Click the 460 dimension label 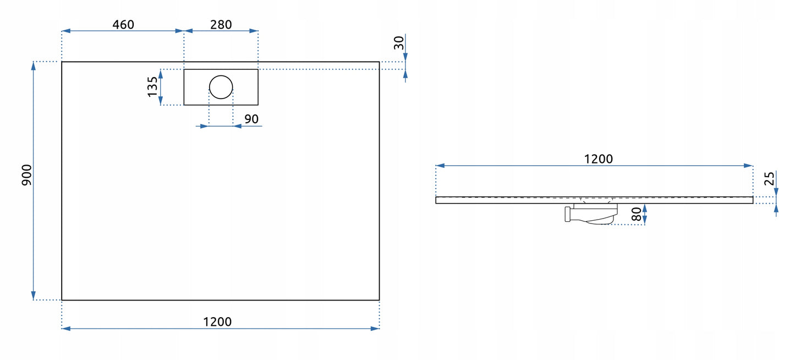123,25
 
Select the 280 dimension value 221,25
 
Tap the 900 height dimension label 26,174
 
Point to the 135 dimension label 152,86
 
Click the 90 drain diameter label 251,119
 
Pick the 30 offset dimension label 399,43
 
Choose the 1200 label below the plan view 217,321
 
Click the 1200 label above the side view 599,159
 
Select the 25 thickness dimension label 770,178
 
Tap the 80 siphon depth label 637,214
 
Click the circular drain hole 221,87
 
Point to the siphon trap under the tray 591,214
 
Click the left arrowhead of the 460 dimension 66,31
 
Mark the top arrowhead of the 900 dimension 34,66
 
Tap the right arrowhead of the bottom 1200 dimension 375,329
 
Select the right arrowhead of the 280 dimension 254,31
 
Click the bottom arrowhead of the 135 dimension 161,101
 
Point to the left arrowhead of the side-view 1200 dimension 440,166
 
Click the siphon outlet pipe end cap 567,215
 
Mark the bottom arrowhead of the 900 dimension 34,296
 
